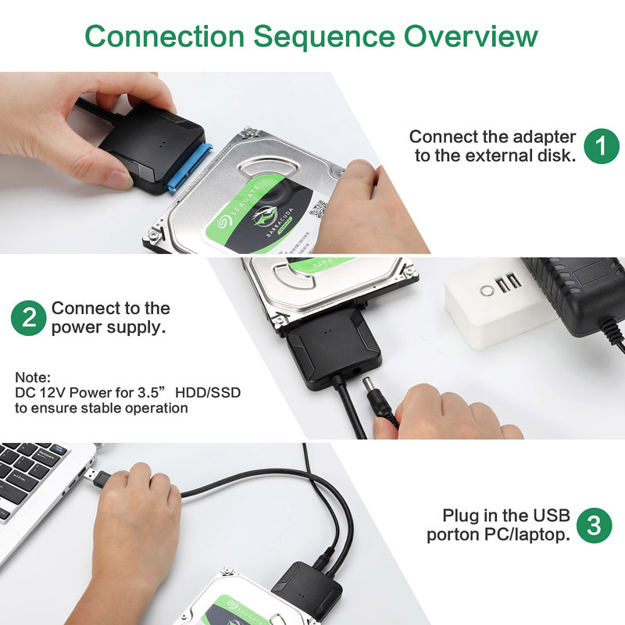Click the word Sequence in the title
click(x=321, y=36)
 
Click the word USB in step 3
click(x=552, y=516)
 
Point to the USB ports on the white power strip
click(x=508, y=284)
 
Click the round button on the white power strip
click(x=487, y=290)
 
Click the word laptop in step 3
click(x=544, y=535)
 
